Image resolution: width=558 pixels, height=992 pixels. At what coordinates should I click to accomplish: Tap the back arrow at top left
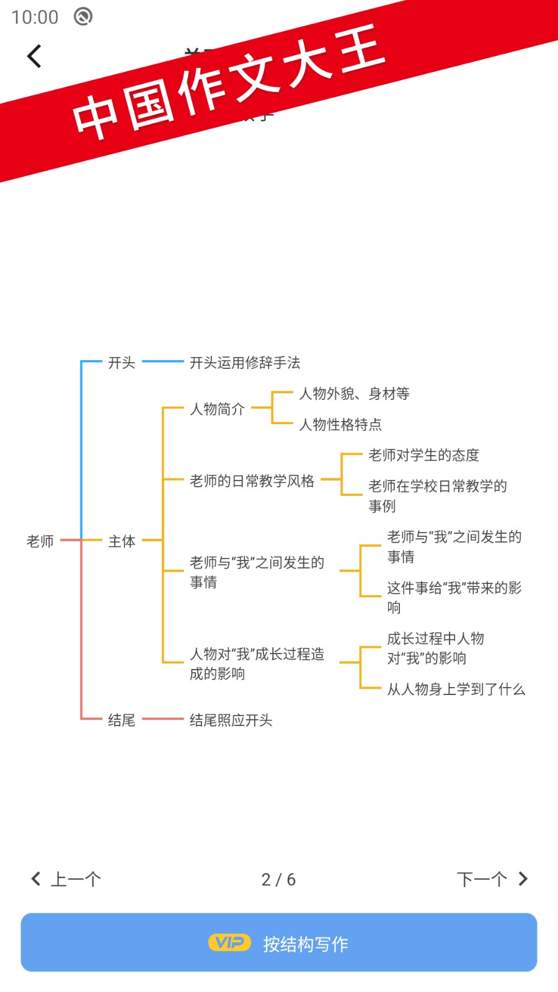(x=35, y=56)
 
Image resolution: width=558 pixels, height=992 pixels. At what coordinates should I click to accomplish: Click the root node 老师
(x=40, y=541)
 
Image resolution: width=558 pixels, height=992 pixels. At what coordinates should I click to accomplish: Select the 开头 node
(x=122, y=363)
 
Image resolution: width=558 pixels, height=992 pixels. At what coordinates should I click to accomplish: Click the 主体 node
(x=122, y=541)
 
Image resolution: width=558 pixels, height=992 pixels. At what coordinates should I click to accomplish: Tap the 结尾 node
(x=122, y=720)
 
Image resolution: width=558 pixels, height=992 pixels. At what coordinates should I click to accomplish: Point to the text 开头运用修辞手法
(x=245, y=363)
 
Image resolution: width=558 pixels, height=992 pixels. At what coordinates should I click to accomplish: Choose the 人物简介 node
(x=217, y=409)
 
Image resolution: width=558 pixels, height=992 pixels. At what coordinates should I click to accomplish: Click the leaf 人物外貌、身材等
(x=354, y=394)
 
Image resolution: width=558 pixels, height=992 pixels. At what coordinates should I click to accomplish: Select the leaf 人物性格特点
(x=340, y=425)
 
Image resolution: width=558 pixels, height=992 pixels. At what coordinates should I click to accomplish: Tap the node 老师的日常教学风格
(x=252, y=481)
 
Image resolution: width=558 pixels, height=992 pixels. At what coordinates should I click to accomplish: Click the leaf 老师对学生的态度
(x=423, y=455)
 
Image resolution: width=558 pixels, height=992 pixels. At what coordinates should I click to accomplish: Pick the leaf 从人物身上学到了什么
(x=456, y=689)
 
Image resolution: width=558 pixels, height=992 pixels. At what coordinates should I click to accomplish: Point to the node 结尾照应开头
(x=231, y=720)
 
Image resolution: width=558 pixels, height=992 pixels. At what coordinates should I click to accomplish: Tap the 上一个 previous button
(x=66, y=879)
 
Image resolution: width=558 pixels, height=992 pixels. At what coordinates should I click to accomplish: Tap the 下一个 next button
(x=492, y=879)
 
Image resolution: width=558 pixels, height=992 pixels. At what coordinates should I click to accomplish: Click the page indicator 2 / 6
(x=278, y=880)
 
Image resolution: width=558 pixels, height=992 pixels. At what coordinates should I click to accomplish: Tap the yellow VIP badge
(x=229, y=943)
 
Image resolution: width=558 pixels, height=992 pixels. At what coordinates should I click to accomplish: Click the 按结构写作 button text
(x=306, y=944)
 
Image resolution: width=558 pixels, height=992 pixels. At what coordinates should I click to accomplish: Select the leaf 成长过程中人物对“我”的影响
(x=435, y=649)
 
